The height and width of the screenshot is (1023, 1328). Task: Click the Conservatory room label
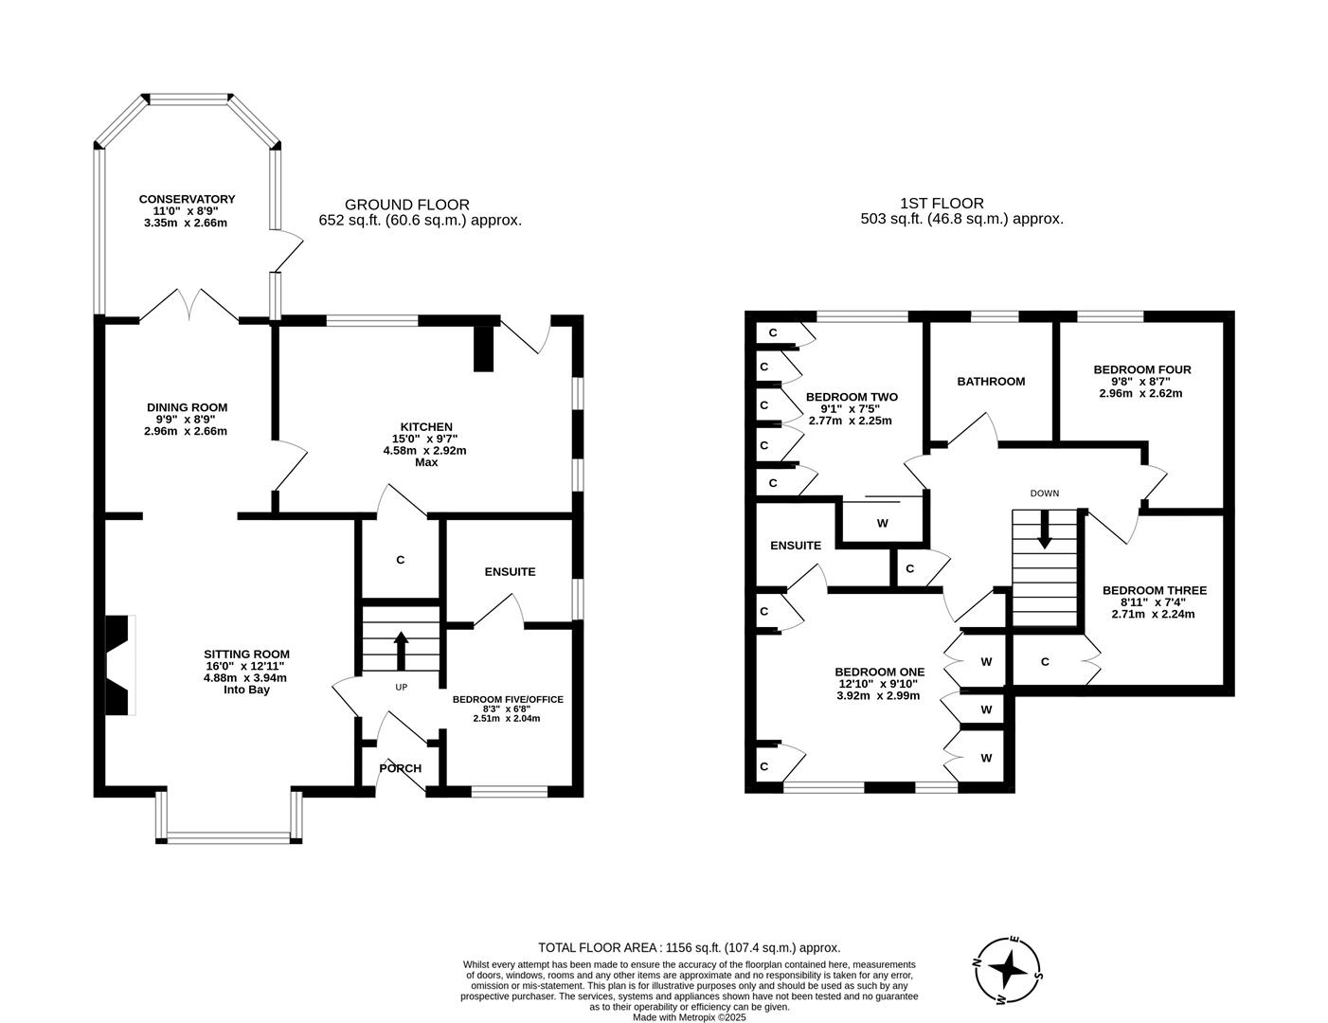coord(187,200)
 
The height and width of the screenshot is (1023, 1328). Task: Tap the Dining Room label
coord(187,407)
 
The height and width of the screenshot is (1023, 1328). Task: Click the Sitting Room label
coord(246,654)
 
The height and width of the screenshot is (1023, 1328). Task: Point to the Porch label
coord(400,768)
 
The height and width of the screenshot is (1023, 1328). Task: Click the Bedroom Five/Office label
coord(508,700)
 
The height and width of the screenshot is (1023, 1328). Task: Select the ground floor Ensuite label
coord(510,571)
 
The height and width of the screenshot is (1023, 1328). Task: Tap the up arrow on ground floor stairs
coord(401,650)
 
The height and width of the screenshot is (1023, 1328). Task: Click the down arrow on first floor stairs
coord(1045,529)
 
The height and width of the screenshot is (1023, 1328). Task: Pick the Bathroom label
coord(991,381)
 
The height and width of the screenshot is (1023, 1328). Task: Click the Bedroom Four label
coord(1141,369)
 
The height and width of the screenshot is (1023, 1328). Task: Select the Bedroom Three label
coord(1154,590)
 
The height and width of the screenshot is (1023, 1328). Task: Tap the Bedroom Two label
coord(851,397)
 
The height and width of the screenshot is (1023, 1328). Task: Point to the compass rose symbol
coord(1010,970)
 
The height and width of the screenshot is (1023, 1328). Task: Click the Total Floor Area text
coord(689,946)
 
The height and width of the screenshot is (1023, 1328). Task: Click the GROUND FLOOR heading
coord(406,205)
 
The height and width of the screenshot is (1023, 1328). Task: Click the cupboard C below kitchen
coord(400,560)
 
